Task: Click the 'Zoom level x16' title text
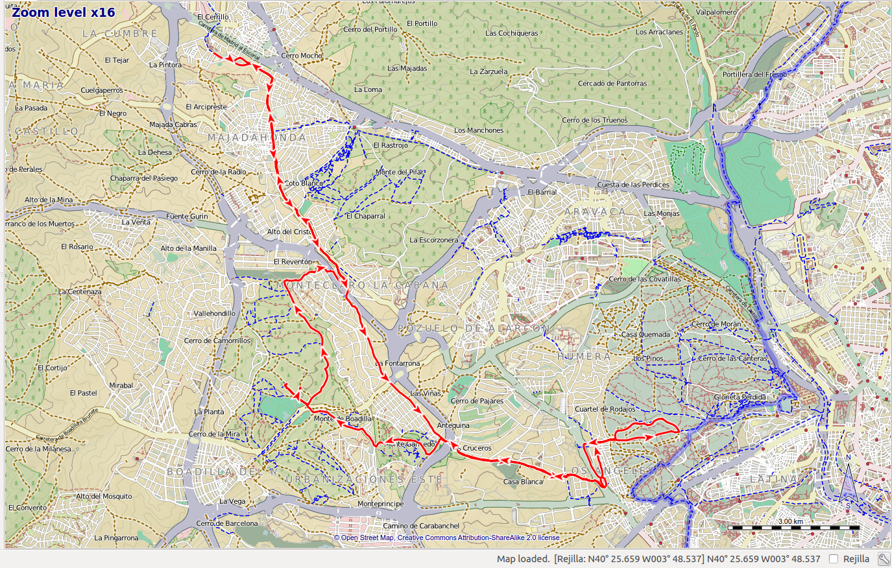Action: coord(64,12)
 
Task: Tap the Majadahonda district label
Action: coord(258,137)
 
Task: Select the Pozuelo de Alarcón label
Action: coord(474,329)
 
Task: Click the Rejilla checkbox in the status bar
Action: coord(834,559)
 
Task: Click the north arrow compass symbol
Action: coord(848,483)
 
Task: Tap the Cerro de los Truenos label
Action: coord(595,120)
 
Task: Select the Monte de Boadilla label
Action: coord(343,418)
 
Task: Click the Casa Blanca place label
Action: coord(523,482)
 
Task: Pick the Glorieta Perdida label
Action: coord(740,397)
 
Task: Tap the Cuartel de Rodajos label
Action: coord(605,409)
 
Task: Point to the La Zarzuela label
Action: coord(488,71)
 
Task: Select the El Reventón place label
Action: coord(293,261)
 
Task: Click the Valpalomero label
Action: coord(716,12)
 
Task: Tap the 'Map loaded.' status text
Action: coord(523,559)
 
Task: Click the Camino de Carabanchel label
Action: coord(421,526)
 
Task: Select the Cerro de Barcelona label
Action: coord(227,523)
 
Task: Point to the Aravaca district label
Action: coord(595,212)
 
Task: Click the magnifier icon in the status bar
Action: coord(884,559)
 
